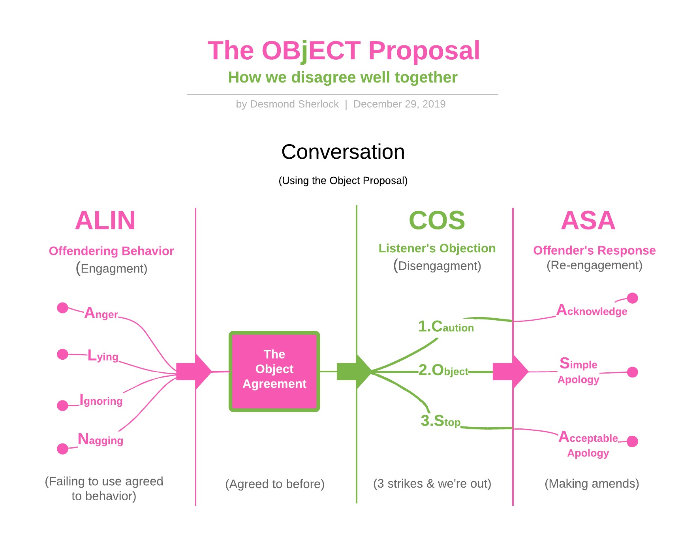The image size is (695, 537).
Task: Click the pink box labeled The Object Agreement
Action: coord(274,371)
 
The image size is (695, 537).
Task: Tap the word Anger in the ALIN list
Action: coord(101,313)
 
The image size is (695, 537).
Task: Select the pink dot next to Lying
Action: coord(62,354)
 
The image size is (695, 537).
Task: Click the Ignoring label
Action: coord(101,400)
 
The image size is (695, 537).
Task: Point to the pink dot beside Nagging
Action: coord(62,449)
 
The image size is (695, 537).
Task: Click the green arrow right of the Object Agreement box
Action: coord(353,372)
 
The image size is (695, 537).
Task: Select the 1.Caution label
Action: coord(446,327)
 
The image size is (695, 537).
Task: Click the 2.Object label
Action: coord(443,370)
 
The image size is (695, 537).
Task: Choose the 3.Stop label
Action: coord(440,421)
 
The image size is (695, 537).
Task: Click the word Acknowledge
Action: coord(592,311)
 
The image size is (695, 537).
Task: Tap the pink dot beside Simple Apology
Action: coord(632,372)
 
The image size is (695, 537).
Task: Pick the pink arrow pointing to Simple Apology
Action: coord(510,372)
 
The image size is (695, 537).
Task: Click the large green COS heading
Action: coord(437,220)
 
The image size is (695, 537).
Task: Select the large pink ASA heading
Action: coord(588,220)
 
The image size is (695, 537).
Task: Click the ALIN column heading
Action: coord(105,220)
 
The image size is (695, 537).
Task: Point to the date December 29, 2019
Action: coord(399,104)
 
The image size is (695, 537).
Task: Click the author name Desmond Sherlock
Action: coord(294,104)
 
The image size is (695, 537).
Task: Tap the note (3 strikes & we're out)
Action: coord(432,484)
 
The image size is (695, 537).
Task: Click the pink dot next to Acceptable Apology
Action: coord(632,441)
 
